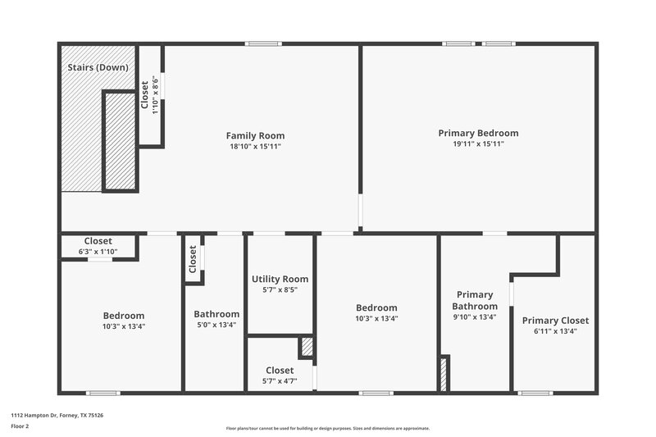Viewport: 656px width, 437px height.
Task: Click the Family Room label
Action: (256, 135)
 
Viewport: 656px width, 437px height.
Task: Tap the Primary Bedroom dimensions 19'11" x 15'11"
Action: (478, 143)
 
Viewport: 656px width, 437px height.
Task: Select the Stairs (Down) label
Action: (96, 67)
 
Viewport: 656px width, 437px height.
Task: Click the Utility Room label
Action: (280, 279)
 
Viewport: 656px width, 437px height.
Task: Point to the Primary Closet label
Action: (555, 321)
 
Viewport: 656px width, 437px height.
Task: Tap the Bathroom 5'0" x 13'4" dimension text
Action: (216, 325)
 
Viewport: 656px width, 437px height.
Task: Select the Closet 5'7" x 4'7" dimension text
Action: (280, 380)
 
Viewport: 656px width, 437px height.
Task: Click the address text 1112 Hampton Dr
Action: (57, 416)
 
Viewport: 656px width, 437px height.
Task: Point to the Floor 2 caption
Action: (20, 426)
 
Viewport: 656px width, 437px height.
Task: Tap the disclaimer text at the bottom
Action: (328, 428)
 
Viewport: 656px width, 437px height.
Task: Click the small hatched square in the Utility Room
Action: (307, 347)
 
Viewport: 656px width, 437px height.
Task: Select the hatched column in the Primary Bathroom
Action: (444, 373)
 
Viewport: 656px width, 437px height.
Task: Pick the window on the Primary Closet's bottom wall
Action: (535, 393)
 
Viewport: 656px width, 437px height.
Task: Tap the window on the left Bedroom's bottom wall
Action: (103, 393)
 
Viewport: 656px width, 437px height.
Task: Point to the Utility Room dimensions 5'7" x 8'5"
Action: (280, 289)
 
